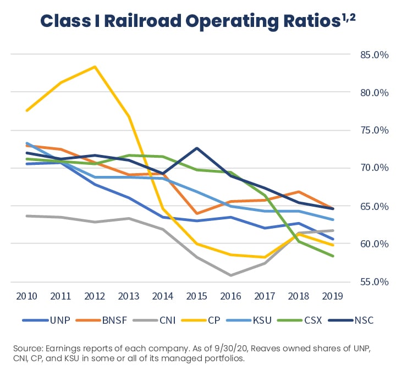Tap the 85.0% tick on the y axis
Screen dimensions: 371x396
tap(366, 54)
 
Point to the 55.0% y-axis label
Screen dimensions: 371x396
tap(366, 282)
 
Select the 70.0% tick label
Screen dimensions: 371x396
tap(366, 168)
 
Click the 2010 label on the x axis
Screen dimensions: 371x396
tap(26, 296)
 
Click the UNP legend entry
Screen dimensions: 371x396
tap(59, 320)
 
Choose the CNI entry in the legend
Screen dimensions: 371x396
tap(164, 320)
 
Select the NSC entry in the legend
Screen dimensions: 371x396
tap(361, 320)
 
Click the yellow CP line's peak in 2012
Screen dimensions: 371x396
tap(95, 67)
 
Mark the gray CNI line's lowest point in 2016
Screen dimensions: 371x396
tap(231, 275)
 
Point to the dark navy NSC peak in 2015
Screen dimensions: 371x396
tap(197, 148)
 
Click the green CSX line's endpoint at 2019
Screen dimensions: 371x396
tap(333, 256)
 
